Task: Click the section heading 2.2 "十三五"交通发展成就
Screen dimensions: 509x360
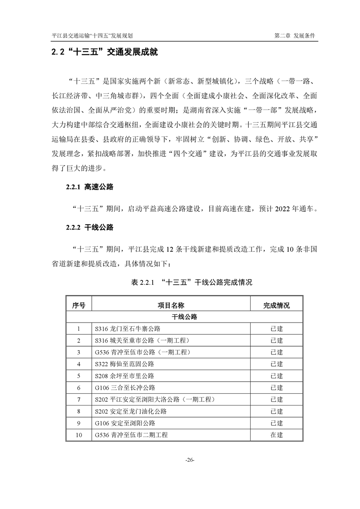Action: point(104,53)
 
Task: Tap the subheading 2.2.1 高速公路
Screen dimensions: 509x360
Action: point(89,186)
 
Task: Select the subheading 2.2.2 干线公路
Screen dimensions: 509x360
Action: point(89,227)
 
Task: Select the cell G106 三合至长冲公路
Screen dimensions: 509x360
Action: point(125,388)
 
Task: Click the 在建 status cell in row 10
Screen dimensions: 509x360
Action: point(276,435)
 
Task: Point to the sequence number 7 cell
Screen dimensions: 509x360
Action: point(79,400)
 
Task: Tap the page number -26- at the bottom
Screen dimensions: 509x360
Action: point(190,460)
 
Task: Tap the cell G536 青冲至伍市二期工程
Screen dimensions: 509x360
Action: point(131,435)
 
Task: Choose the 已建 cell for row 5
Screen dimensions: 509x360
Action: point(276,376)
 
